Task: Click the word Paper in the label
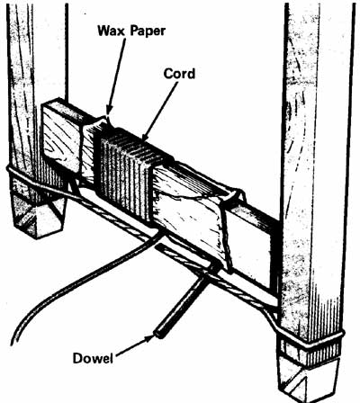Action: [x=148, y=31]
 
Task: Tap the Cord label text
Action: [x=179, y=74]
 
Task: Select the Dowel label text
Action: [x=93, y=358]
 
